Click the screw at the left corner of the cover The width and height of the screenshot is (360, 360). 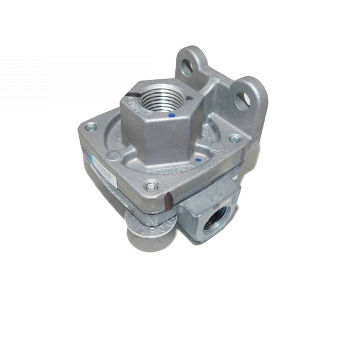(91, 127)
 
